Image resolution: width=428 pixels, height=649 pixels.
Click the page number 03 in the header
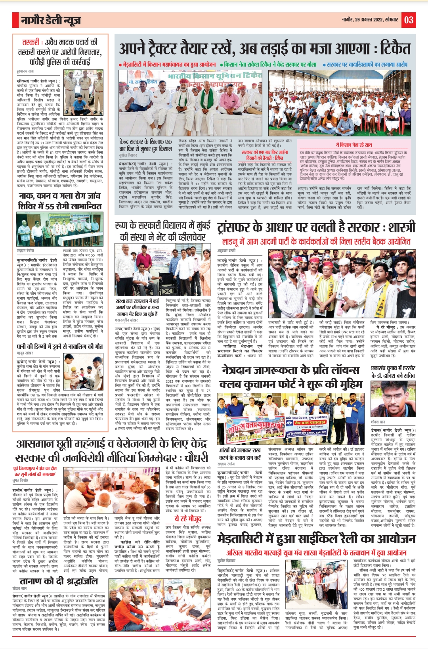tap(409, 20)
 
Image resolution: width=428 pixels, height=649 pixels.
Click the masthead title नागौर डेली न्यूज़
tap(51, 20)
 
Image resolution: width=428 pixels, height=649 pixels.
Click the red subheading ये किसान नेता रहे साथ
tap(354, 145)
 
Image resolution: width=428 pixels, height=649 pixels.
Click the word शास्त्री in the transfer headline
tap(399, 227)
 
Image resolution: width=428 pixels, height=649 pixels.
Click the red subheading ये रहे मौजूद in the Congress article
tap(188, 519)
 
